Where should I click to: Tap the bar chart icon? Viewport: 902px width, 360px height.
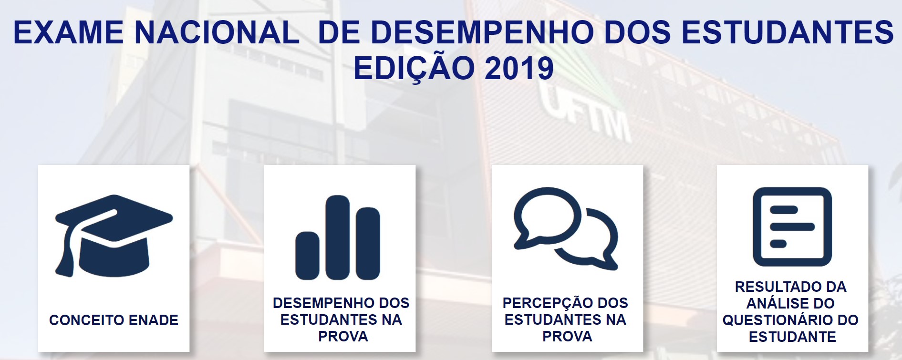[338, 237]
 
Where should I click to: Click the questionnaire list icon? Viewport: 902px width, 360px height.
[792, 226]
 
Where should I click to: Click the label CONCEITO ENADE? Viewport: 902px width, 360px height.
[114, 320]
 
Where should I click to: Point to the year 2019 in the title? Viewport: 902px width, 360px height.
[519, 68]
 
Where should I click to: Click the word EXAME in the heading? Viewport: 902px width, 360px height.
[69, 32]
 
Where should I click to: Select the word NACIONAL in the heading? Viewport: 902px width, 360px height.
[216, 32]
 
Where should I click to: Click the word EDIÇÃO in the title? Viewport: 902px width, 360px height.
[414, 68]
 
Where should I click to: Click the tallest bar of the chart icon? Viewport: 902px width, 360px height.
[338, 237]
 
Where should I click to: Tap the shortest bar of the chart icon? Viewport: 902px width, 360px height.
[308, 256]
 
